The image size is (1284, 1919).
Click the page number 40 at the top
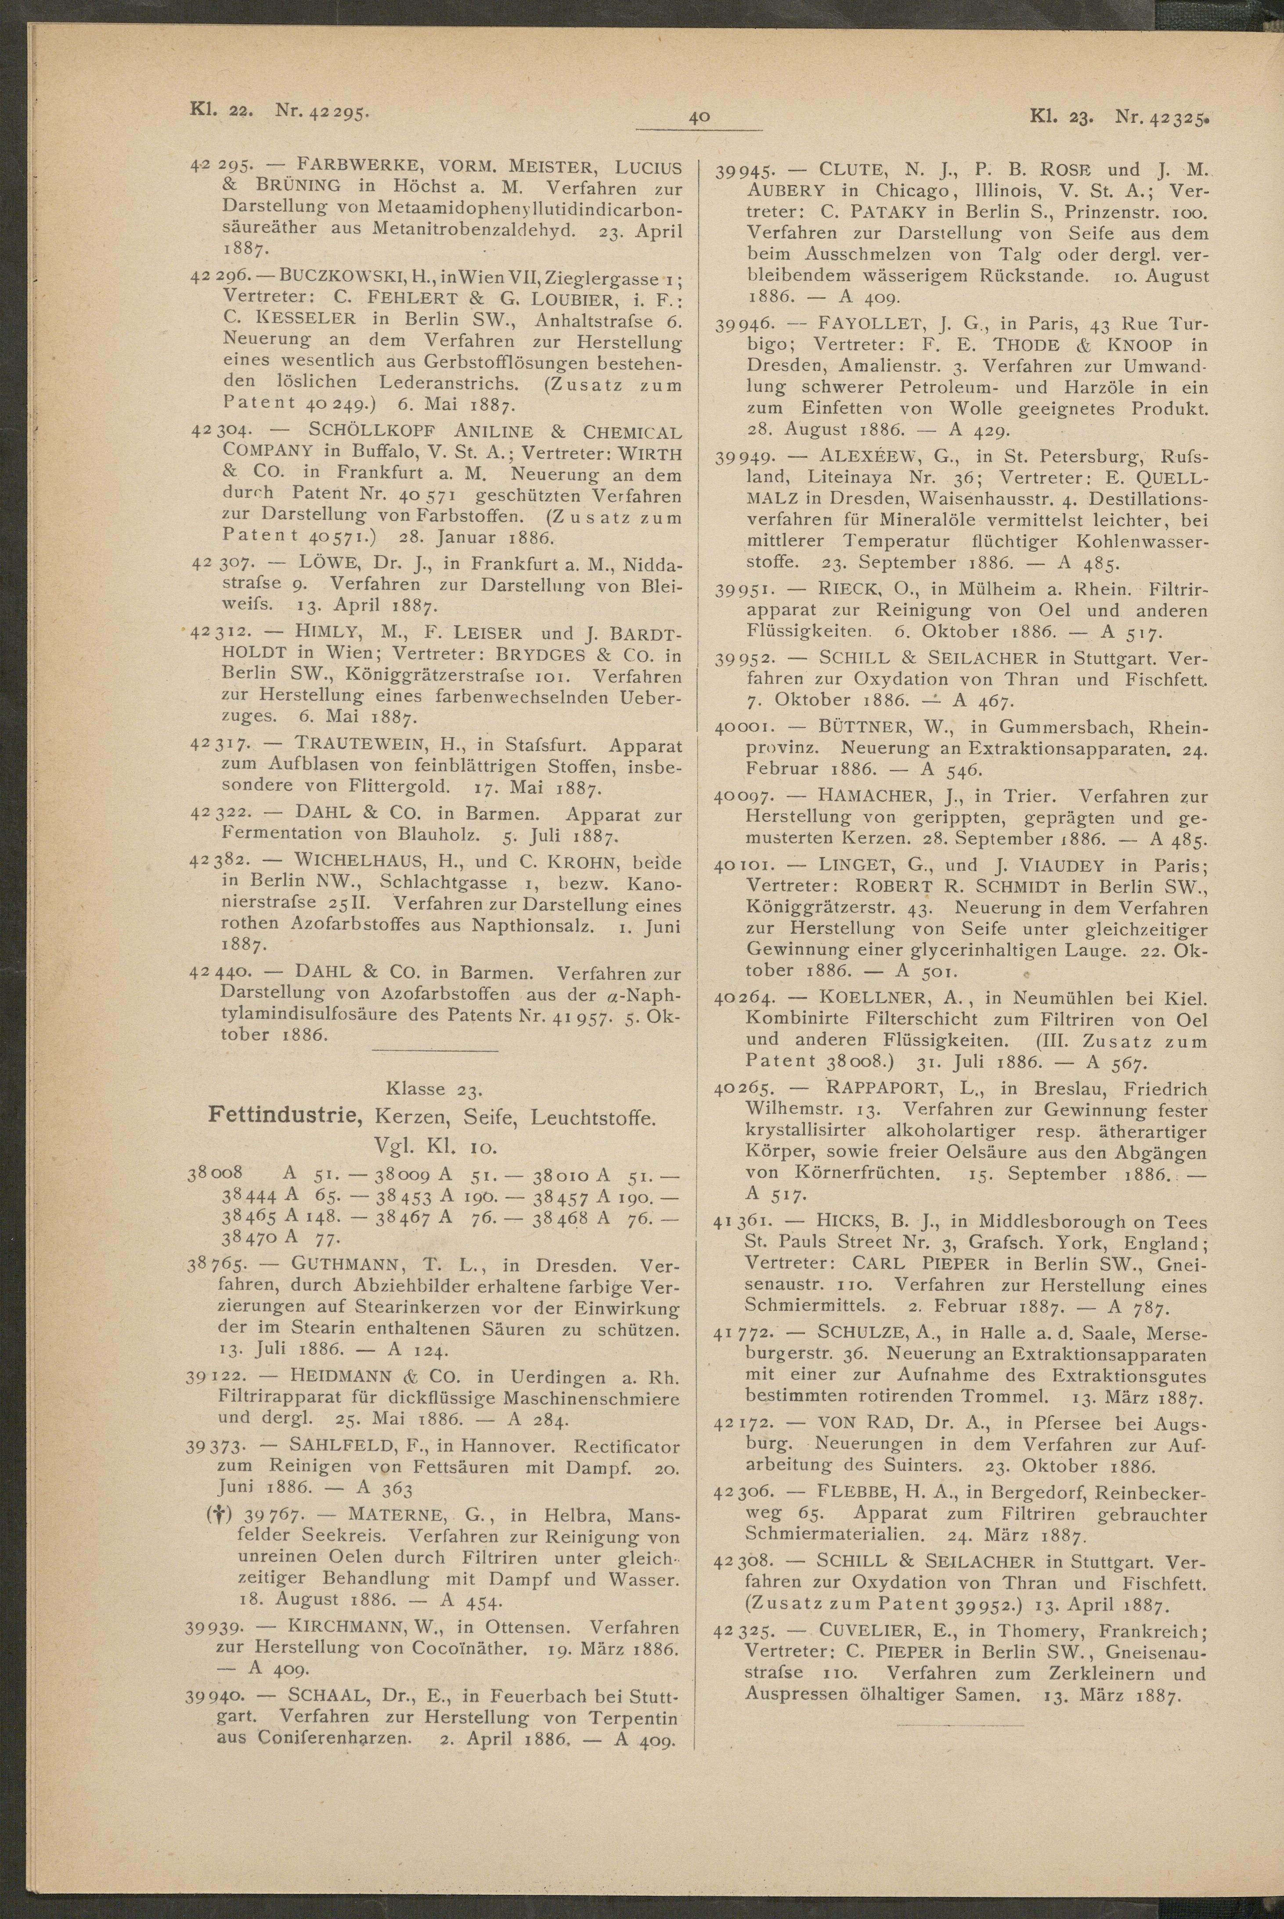[x=699, y=117]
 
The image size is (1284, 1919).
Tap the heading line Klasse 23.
[x=434, y=1089]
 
